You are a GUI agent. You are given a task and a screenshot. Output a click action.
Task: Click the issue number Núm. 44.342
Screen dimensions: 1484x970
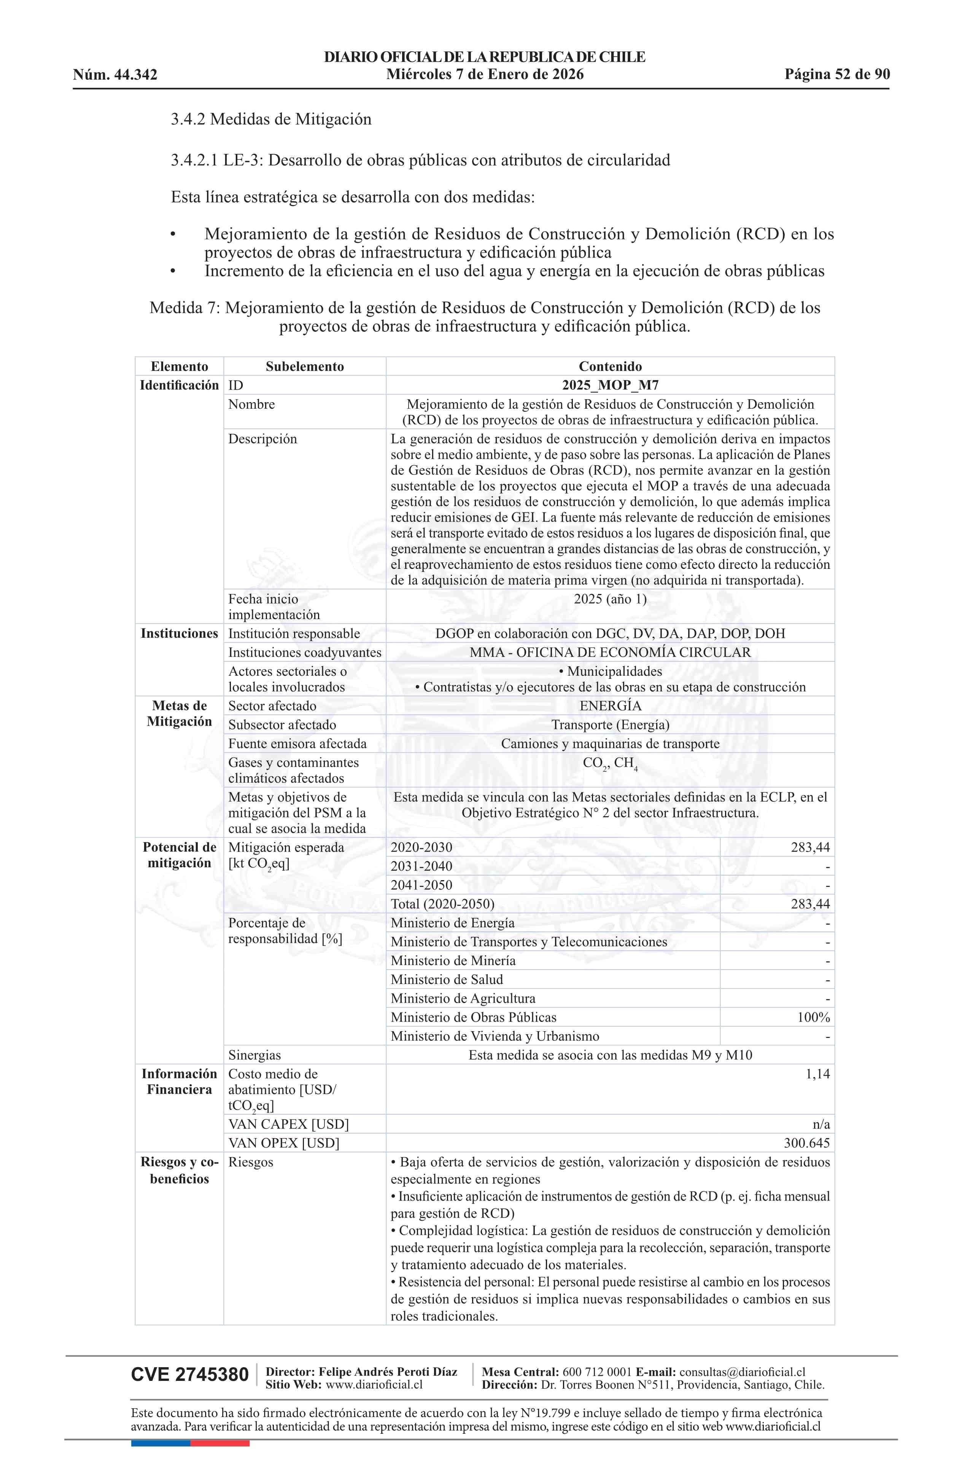pos(115,75)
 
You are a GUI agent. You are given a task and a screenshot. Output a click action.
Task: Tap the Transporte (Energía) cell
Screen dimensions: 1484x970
pos(610,724)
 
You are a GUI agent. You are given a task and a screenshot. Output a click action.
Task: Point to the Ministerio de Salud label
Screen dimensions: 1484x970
pos(446,979)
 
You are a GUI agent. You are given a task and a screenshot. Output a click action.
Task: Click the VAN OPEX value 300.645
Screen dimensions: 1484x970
pos(807,1143)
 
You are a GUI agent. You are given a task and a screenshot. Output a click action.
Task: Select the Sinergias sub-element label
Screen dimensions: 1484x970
pos(254,1056)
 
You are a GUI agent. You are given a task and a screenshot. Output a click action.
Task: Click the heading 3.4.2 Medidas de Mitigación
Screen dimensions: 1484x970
pos(271,119)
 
